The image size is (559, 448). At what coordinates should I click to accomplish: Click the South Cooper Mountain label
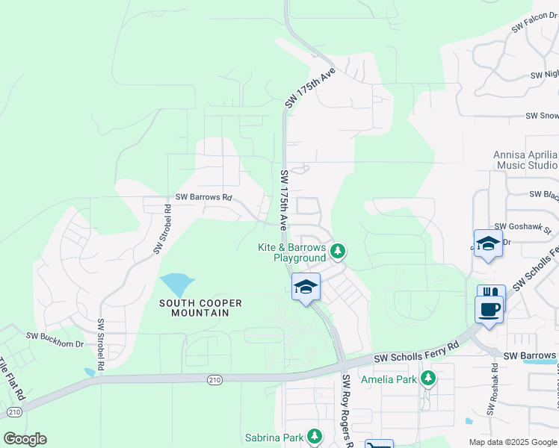point(200,308)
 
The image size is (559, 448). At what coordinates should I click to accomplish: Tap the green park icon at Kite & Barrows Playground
point(338,251)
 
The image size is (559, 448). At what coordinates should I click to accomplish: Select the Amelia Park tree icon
point(427,379)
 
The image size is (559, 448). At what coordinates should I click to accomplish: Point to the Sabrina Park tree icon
point(315,436)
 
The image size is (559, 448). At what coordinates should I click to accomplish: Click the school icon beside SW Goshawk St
point(489,245)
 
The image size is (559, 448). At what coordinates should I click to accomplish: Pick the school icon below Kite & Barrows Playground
point(306,287)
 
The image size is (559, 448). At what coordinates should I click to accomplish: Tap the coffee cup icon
point(489,308)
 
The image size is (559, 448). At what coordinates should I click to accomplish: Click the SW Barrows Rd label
point(204,198)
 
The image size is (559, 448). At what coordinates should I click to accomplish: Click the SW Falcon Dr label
point(534,25)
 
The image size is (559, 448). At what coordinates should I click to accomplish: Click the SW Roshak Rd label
point(494,388)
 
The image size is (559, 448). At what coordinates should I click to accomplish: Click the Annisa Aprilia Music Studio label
point(525,160)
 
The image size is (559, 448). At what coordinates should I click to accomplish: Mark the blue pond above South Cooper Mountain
point(176,284)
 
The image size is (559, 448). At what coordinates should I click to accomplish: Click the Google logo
point(25,439)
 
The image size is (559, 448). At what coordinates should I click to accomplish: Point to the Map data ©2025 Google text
point(512,442)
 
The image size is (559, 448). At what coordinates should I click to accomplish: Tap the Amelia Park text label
point(389,379)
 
